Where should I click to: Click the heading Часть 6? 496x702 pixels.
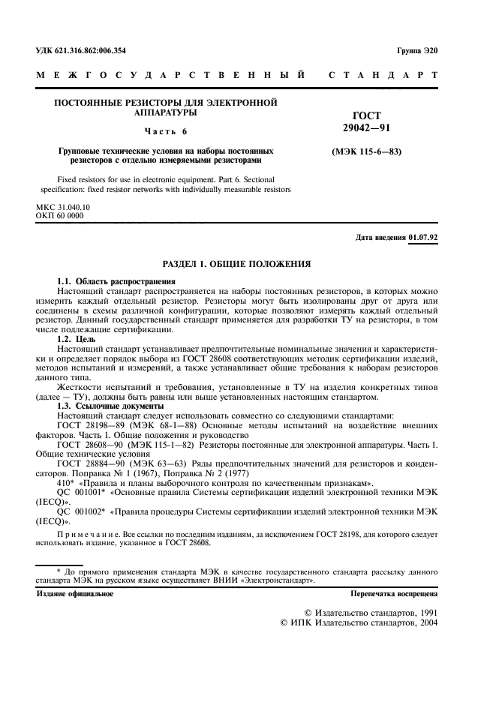[x=166, y=131]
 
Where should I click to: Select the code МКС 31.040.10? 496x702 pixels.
[x=63, y=205]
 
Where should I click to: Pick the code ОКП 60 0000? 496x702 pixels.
[x=60, y=215]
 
